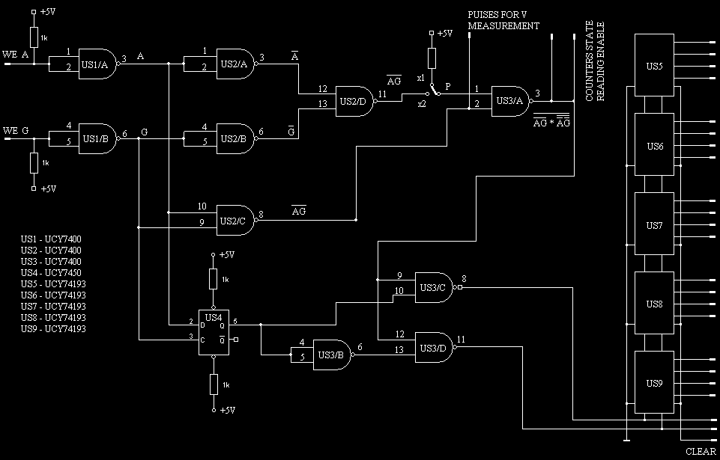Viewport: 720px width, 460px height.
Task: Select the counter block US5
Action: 654,65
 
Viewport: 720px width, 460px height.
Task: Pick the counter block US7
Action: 654,224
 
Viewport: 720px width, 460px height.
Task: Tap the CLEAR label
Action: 701,451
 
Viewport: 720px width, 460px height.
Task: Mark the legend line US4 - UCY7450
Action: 52,272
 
